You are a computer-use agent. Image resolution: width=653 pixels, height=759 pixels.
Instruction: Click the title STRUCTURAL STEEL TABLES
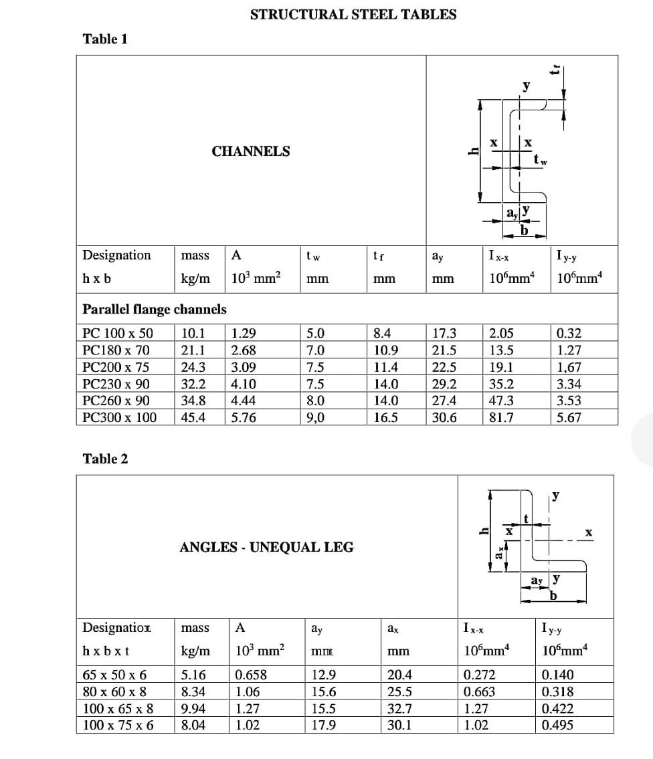click(x=353, y=14)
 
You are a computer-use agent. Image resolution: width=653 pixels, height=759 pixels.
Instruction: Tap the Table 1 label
click(x=105, y=39)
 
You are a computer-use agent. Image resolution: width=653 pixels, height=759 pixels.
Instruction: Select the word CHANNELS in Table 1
click(x=251, y=151)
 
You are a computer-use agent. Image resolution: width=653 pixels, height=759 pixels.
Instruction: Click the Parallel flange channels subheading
click(x=154, y=309)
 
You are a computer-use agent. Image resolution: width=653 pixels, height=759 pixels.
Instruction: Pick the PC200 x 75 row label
click(x=116, y=367)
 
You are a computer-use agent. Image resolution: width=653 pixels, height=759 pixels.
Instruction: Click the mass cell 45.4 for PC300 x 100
click(x=193, y=418)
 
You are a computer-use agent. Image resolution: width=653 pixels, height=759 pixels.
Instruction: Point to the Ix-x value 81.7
click(x=502, y=418)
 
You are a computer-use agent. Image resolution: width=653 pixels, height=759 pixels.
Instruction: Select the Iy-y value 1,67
click(x=569, y=367)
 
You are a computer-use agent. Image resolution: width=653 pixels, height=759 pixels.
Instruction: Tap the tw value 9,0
click(x=315, y=418)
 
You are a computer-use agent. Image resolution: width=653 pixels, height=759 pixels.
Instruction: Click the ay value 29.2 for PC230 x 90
click(x=445, y=384)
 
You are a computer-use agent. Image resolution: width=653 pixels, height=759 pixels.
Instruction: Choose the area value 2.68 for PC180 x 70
click(x=244, y=350)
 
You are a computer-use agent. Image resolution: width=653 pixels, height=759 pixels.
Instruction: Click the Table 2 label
click(x=105, y=459)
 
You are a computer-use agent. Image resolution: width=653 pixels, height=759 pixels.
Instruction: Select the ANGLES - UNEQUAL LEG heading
click(x=267, y=547)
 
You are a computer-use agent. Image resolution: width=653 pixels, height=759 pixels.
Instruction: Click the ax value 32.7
click(x=400, y=709)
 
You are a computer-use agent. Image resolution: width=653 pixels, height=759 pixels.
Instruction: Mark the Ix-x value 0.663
click(x=480, y=692)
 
